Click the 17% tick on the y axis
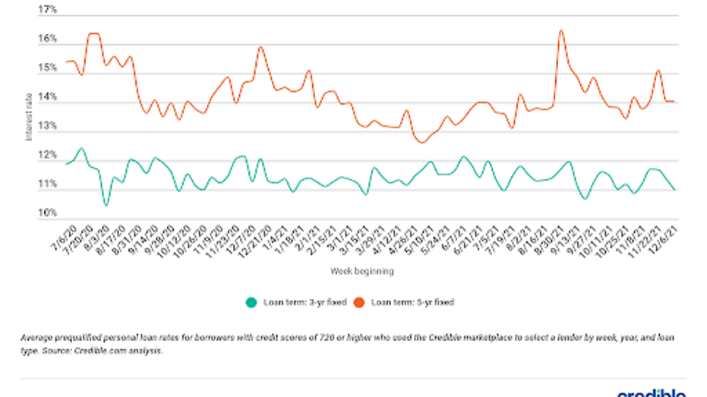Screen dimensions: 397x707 click(x=47, y=10)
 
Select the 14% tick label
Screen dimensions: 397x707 click(x=47, y=98)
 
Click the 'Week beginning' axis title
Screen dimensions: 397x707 click(x=361, y=270)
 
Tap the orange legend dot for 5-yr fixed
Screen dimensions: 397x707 click(x=362, y=302)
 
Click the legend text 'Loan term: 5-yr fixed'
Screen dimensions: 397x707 click(x=412, y=302)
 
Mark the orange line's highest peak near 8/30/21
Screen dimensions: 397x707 click(x=560, y=30)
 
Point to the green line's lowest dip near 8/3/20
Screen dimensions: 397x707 click(x=106, y=205)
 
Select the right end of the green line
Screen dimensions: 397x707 click(x=676, y=190)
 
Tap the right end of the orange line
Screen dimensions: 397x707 click(x=676, y=102)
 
